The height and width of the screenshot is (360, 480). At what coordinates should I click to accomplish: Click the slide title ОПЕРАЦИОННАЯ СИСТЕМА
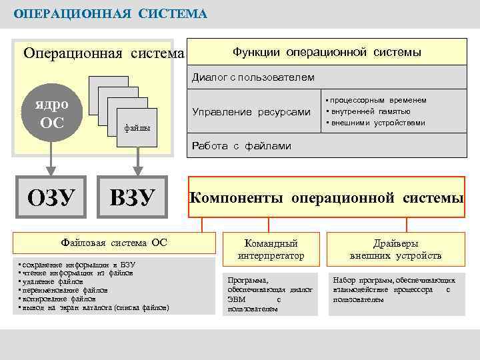(x=111, y=14)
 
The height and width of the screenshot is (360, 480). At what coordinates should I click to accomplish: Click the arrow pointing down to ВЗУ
(x=137, y=159)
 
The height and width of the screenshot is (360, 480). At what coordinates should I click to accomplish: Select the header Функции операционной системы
(x=327, y=52)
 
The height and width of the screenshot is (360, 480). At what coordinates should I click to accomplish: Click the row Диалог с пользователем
(x=253, y=77)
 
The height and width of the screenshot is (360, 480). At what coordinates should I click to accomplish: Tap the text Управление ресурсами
(x=251, y=111)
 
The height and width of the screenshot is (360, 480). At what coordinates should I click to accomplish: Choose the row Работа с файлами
(x=241, y=145)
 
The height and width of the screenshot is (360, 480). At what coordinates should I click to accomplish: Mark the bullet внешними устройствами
(x=377, y=123)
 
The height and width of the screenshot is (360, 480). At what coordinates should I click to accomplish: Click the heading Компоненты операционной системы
(x=327, y=198)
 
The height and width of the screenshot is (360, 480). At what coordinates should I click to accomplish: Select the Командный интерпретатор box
(x=271, y=249)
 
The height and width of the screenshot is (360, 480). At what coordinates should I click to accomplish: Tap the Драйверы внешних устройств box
(x=395, y=249)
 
